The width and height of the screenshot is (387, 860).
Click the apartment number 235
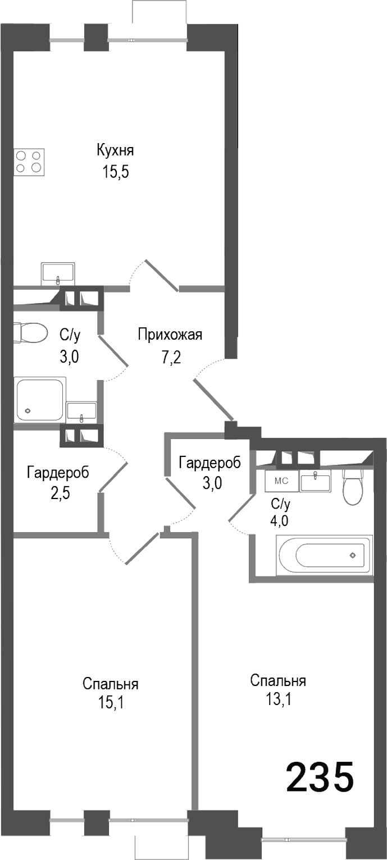pyautogui.click(x=320, y=777)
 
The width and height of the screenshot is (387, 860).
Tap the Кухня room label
pyautogui.click(x=115, y=150)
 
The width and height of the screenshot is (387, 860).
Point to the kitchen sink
pyautogui.click(x=58, y=273)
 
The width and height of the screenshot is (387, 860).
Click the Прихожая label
pyautogui.click(x=170, y=336)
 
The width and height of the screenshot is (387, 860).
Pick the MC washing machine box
pyautogui.click(x=281, y=481)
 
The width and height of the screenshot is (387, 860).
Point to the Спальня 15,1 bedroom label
pyautogui.click(x=111, y=685)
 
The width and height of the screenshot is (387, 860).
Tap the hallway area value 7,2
pyautogui.click(x=170, y=358)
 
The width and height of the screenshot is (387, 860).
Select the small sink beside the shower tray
pyautogui.click(x=82, y=413)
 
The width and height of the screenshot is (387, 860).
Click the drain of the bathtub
pyautogui.click(x=352, y=555)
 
